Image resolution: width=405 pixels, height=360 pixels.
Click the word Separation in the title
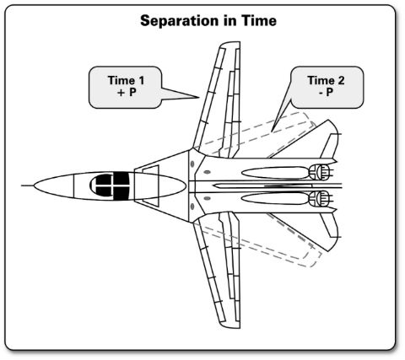[x=179, y=21]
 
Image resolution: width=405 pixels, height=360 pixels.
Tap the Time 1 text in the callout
[x=126, y=80]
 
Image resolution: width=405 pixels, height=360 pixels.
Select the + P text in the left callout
[x=127, y=92]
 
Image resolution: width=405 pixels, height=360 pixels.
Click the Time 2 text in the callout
[x=326, y=80]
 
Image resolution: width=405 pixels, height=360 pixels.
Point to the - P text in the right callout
[x=327, y=92]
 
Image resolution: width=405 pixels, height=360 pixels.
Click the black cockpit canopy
[x=110, y=185]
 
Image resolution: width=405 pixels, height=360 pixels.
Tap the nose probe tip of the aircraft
[x=22, y=185]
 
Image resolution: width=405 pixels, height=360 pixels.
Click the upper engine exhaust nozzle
[x=319, y=172]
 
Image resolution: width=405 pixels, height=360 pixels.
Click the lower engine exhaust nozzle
[x=319, y=198]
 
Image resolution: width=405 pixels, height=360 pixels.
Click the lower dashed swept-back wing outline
[x=262, y=242]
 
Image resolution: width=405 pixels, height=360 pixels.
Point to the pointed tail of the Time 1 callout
[x=198, y=98]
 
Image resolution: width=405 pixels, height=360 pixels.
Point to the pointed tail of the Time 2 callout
[x=273, y=131]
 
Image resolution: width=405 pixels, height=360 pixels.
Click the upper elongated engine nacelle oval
[x=276, y=172]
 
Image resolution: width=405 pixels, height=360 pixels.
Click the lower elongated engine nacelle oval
[x=276, y=198]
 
